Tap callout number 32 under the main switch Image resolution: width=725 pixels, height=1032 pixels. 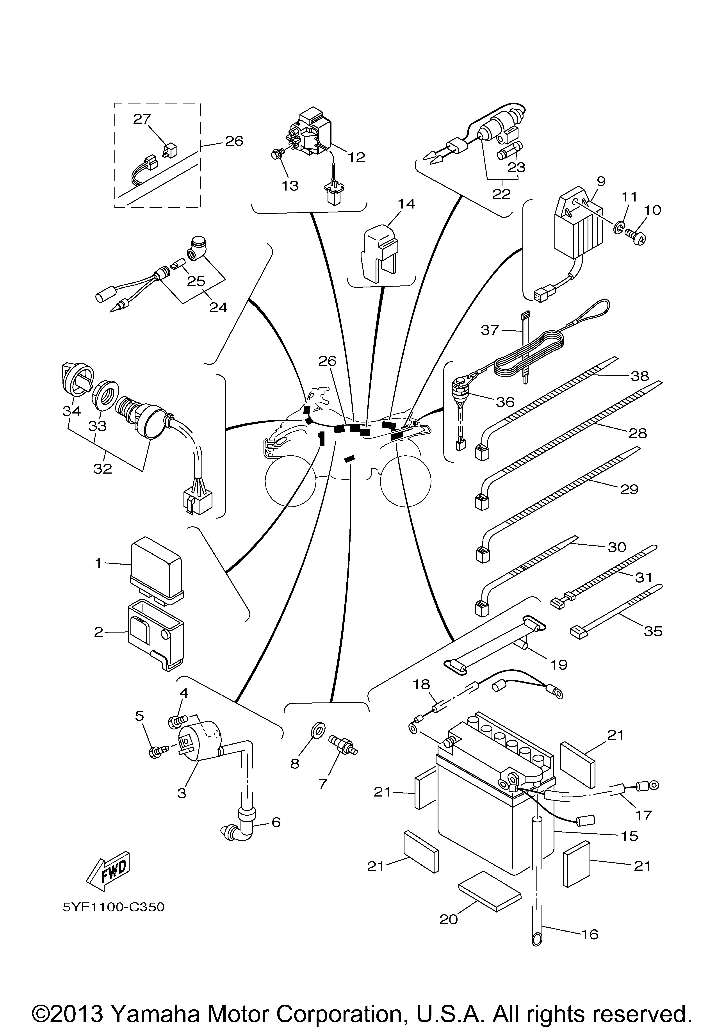[102, 468]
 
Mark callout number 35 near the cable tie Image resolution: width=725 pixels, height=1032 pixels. [653, 631]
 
